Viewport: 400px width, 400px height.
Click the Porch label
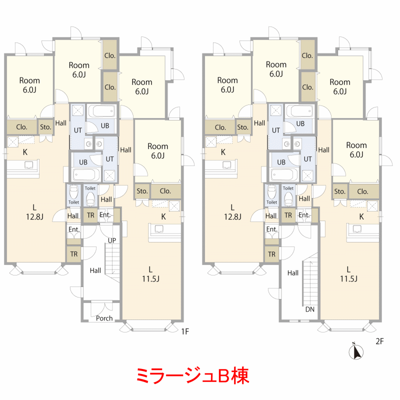[104, 318]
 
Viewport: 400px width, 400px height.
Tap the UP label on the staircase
[111, 240]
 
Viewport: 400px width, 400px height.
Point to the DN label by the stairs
[309, 309]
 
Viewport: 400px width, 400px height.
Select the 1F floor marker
[185, 331]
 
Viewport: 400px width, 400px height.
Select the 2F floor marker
[379, 341]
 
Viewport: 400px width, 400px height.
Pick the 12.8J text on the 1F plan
[34, 217]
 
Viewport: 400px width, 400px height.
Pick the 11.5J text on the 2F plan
[348, 278]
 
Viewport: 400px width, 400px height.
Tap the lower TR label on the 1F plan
[73, 254]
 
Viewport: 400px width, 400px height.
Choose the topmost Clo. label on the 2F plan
[307, 55]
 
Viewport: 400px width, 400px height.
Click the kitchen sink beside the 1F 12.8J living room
[28, 165]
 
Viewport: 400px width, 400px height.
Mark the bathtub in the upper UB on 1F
[101, 111]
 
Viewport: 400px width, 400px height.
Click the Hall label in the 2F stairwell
[293, 273]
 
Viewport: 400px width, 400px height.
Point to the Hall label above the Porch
[95, 270]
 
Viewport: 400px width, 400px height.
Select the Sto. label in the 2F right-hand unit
[339, 191]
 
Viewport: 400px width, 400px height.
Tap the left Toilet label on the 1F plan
[73, 202]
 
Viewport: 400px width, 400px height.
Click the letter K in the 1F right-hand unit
[163, 217]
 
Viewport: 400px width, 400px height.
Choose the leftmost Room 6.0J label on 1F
[29, 85]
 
